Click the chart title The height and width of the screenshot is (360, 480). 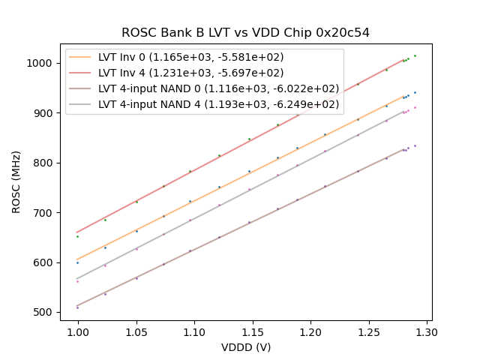(245, 33)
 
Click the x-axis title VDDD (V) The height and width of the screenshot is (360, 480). (245, 347)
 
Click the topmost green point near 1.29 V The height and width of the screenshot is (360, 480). (415, 55)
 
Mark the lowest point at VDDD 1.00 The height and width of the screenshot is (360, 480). (77, 307)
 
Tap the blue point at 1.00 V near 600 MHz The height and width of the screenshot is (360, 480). (77, 262)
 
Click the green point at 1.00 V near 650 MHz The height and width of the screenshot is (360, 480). (77, 236)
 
